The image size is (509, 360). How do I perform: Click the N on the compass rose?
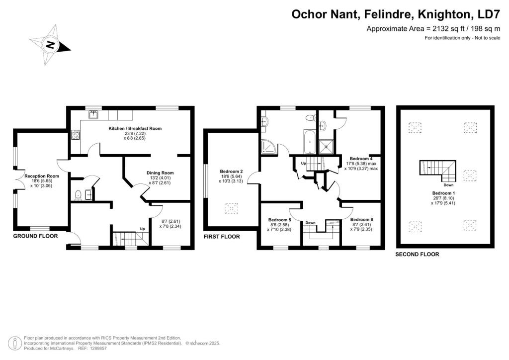click(x=50, y=44)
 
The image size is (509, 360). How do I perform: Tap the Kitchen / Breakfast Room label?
click(x=135, y=129)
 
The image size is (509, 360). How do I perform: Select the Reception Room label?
click(x=42, y=176)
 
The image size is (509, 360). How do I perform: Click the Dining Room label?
click(x=160, y=173)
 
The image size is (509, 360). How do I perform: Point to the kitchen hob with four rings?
click(x=76, y=135)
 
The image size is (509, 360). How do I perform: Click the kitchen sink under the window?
click(x=94, y=114)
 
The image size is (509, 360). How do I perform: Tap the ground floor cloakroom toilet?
click(x=78, y=195)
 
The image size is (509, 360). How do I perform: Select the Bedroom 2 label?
click(x=232, y=172)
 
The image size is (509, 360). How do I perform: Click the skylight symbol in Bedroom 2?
click(x=231, y=208)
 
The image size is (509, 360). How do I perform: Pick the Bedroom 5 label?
click(x=280, y=220)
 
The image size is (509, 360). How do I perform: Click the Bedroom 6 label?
click(x=362, y=219)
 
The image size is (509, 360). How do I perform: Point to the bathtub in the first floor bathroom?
click(x=309, y=142)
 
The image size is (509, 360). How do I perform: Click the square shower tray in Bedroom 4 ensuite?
click(x=326, y=146)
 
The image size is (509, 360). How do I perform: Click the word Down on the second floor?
click(x=448, y=185)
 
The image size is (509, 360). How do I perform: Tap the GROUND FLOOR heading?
click(x=35, y=236)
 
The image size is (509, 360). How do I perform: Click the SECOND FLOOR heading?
click(x=417, y=255)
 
